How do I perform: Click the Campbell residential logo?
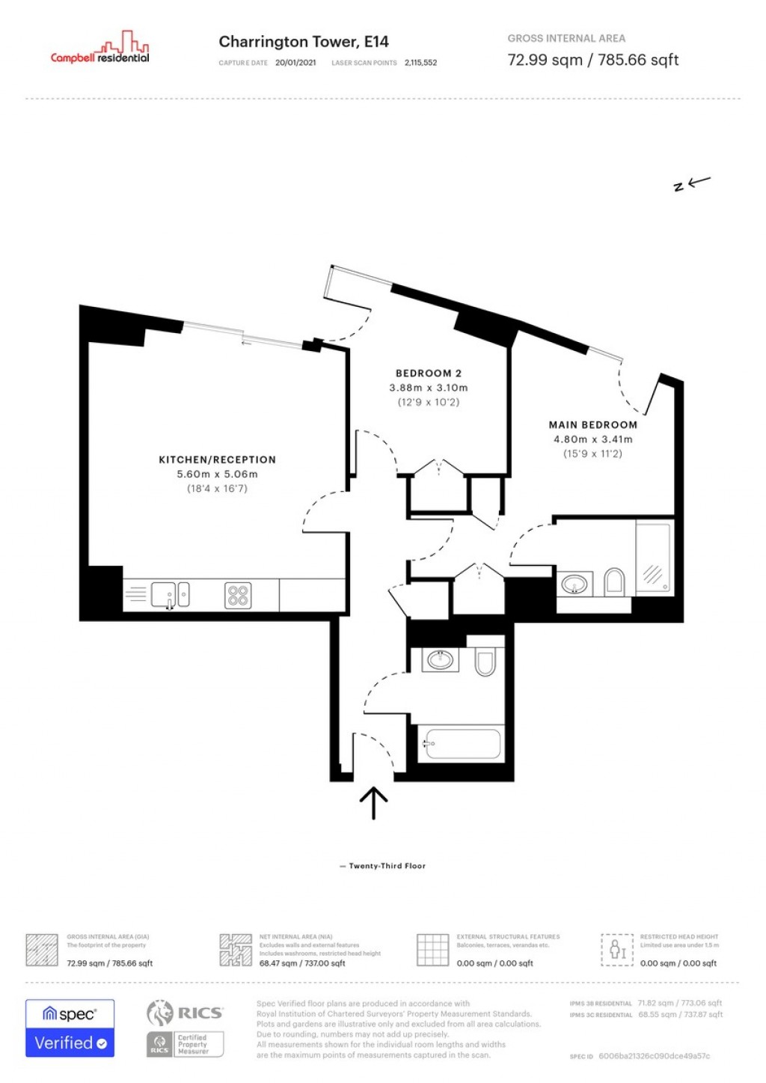coord(100,49)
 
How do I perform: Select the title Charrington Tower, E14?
coord(303,42)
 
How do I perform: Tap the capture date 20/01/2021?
coord(295,63)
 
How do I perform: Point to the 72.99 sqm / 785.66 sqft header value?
coord(592,60)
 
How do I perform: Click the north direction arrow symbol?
coord(692,183)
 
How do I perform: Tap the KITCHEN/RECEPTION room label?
coord(217,460)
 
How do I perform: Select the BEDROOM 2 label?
coord(428,373)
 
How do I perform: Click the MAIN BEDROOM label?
coord(592,424)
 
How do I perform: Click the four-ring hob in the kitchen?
coord(238,596)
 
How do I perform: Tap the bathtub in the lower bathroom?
coord(459,744)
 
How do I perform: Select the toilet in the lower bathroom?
coord(485,662)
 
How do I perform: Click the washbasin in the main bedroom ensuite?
coord(574,584)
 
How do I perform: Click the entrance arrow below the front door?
coord(373,803)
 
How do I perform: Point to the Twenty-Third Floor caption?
coord(387,866)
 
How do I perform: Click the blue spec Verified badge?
coord(70,1028)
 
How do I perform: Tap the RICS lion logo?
coord(160,1013)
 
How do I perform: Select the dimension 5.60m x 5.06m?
coord(217,474)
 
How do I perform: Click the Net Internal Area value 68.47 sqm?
coord(302,963)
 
